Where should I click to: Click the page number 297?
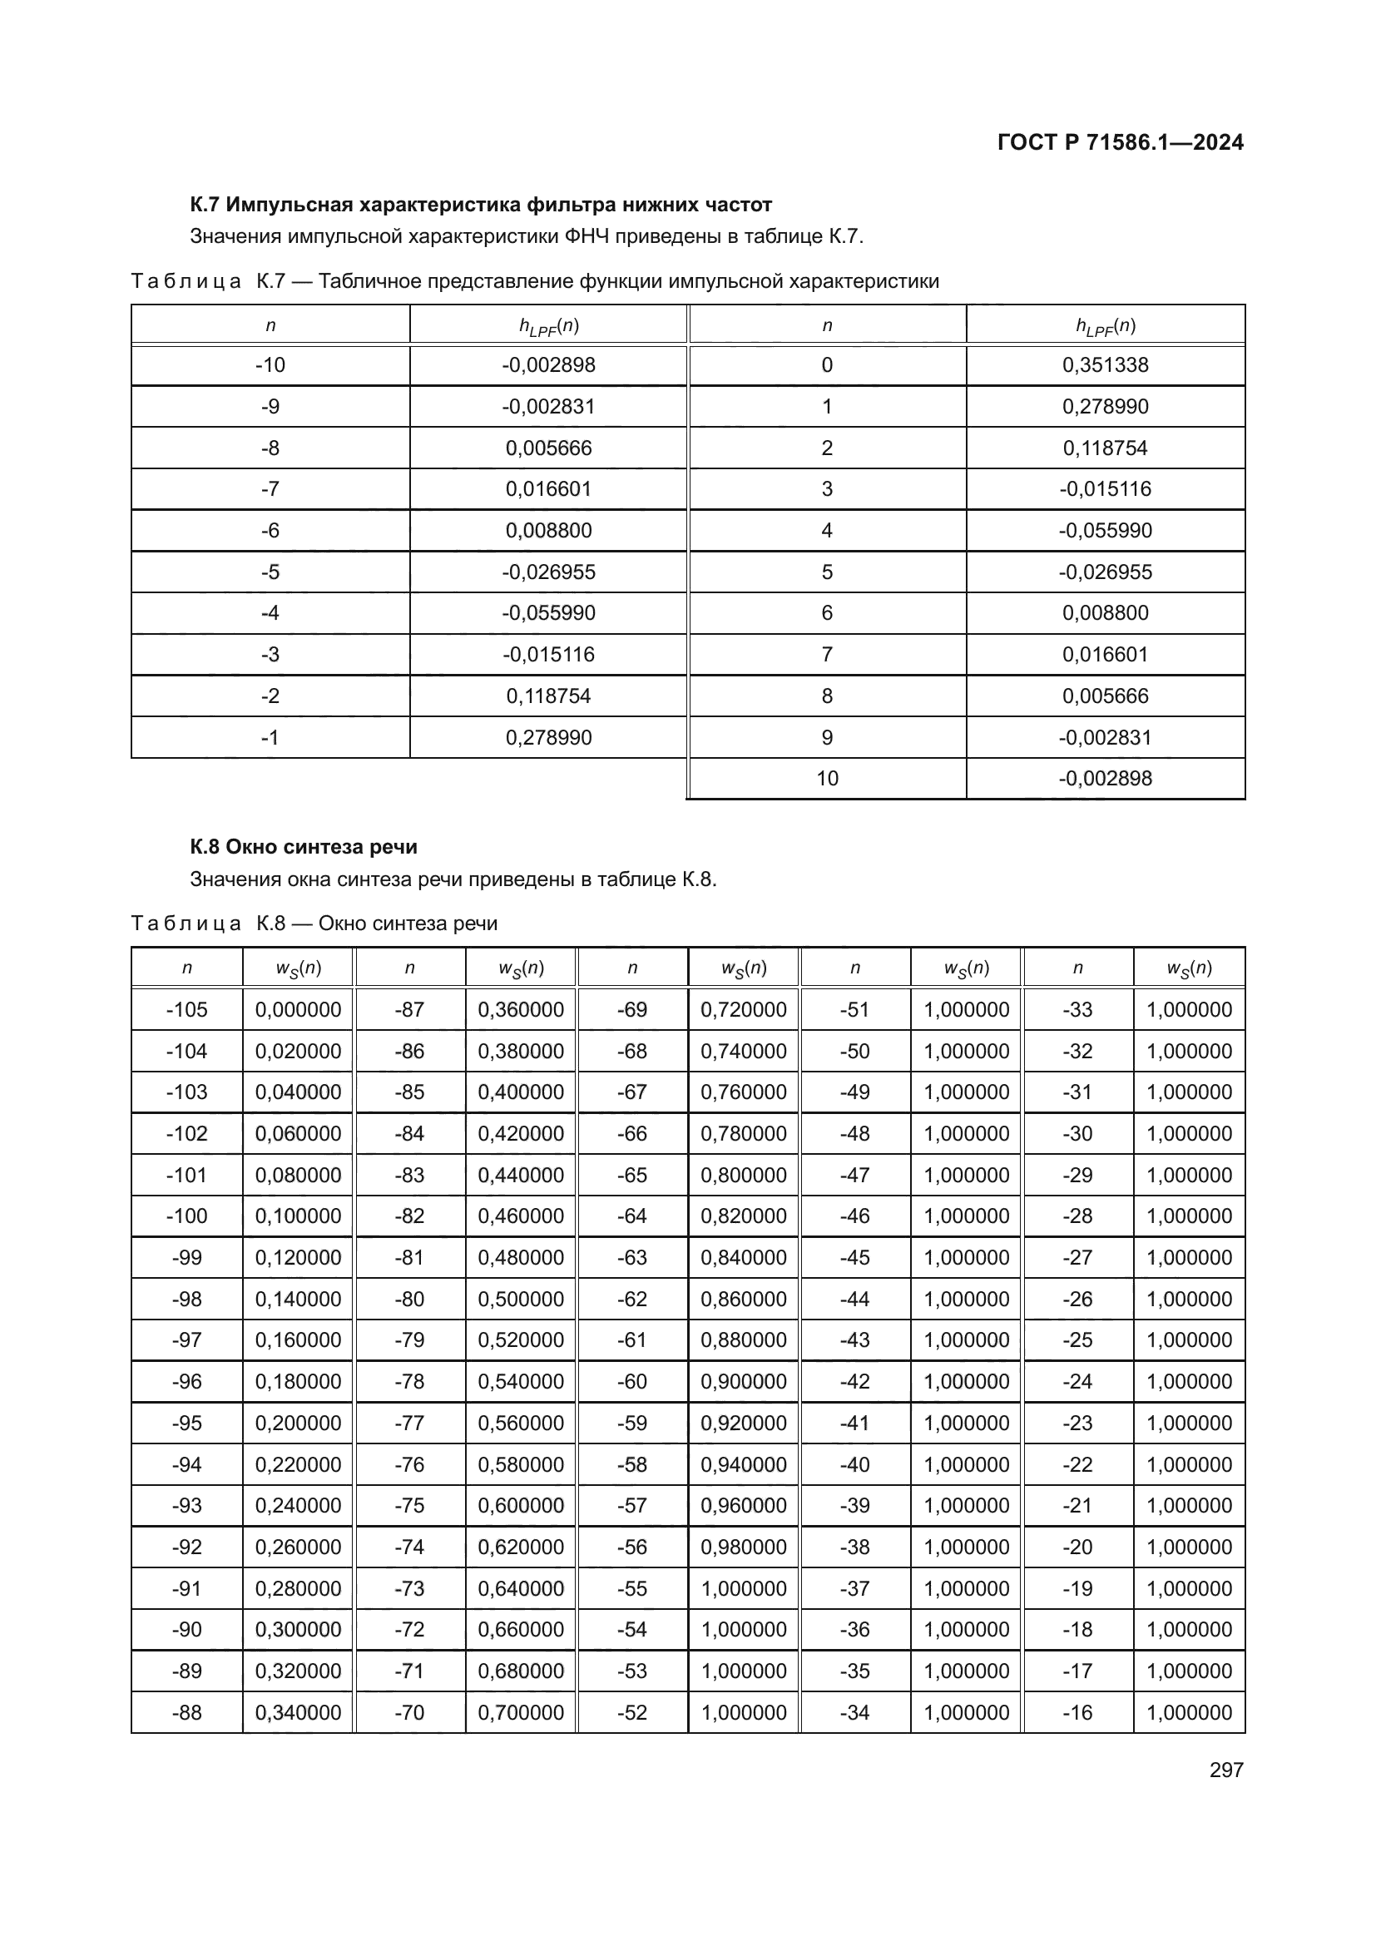1226,1770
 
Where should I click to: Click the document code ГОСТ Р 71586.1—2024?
1119,142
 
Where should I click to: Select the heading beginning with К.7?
480,205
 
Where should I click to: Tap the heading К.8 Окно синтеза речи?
304,847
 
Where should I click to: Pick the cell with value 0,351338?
1105,365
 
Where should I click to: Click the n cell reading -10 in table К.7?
270,365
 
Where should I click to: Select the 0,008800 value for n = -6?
548,531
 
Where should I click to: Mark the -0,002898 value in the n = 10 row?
1105,778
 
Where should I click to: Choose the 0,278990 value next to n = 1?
1105,407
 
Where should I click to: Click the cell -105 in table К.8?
186,1009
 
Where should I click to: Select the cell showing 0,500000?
520,1300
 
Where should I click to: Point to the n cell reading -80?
409,1300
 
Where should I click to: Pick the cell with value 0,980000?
743,1547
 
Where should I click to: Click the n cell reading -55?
632,1588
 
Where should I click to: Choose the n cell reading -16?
1077,1712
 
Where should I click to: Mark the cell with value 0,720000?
743,1009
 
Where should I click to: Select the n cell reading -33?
1077,1009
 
